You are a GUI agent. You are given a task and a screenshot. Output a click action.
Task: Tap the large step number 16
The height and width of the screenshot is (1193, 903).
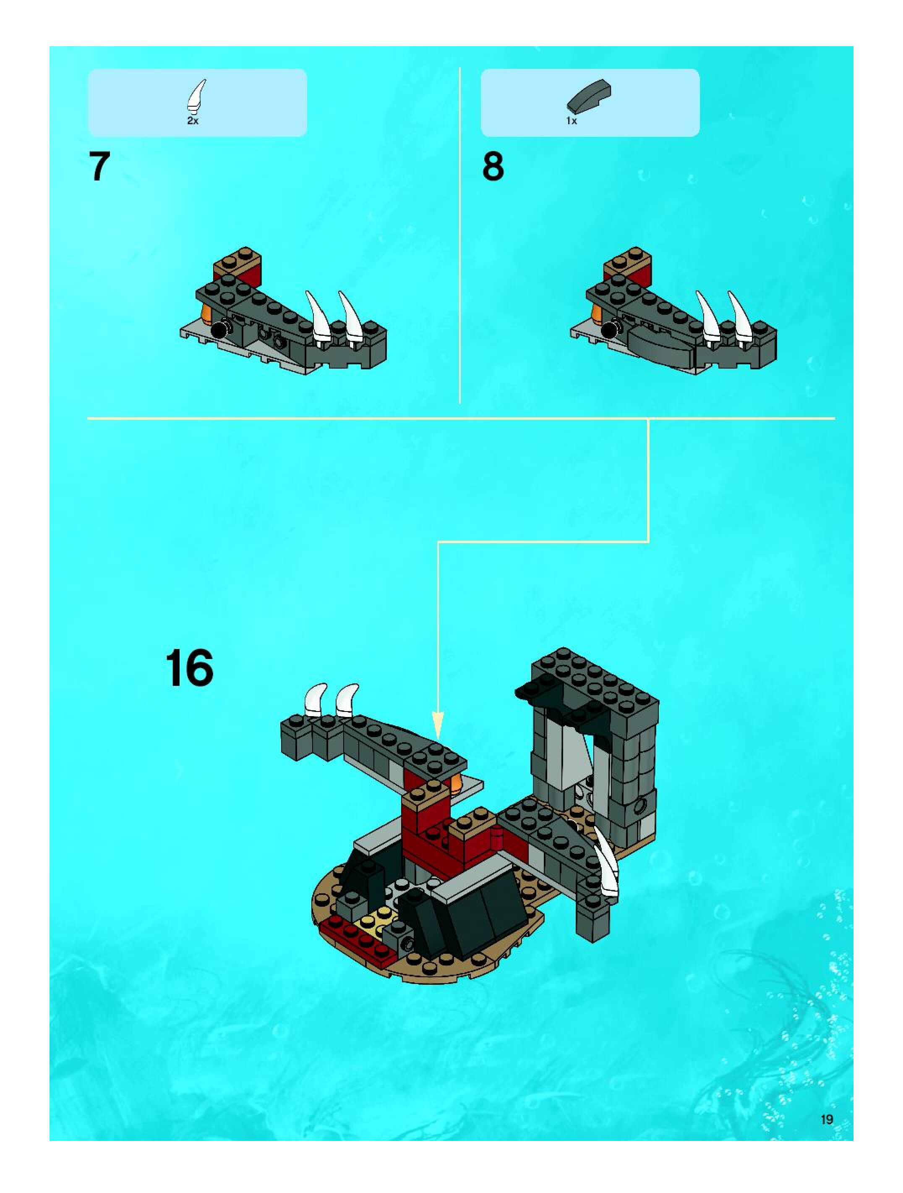point(189,668)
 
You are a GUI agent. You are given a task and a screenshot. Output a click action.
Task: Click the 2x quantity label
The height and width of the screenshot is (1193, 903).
point(193,121)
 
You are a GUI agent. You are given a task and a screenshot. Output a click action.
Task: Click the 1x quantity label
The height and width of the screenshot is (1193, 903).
point(572,121)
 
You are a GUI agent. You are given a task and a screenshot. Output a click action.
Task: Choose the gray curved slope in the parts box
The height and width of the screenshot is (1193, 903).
point(589,98)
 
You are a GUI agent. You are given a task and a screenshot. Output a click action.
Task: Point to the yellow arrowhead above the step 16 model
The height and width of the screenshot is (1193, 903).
point(438,726)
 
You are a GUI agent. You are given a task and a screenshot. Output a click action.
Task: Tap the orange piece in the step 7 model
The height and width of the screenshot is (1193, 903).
point(206,313)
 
